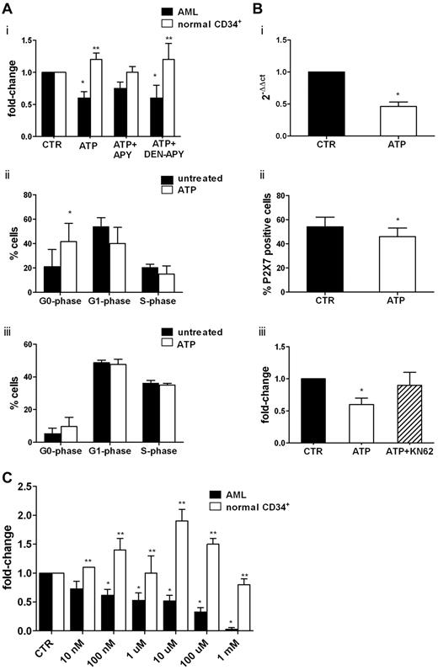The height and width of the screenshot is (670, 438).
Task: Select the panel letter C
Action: coord(8,478)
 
